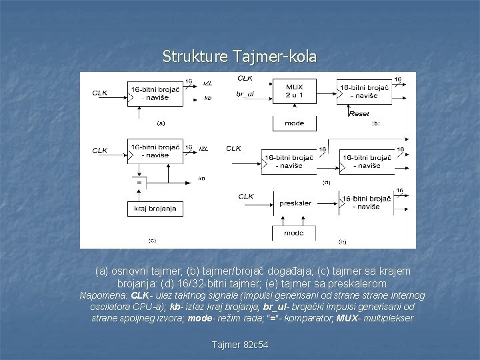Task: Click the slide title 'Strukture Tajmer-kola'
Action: (x=239, y=57)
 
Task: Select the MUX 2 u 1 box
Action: (x=294, y=91)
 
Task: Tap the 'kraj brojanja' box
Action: (x=154, y=209)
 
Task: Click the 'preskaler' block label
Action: (x=295, y=203)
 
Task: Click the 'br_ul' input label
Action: (x=245, y=94)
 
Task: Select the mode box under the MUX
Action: (x=294, y=123)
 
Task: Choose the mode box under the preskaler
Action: (x=293, y=233)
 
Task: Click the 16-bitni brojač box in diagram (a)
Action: (x=154, y=93)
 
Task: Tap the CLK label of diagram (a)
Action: (x=100, y=93)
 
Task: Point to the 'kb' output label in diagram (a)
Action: (x=207, y=98)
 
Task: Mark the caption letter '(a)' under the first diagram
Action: (x=161, y=123)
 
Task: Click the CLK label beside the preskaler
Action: (x=246, y=196)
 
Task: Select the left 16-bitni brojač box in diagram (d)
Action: (x=288, y=161)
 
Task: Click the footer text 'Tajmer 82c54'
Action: (x=239, y=345)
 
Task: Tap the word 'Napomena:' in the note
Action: (x=105, y=295)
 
